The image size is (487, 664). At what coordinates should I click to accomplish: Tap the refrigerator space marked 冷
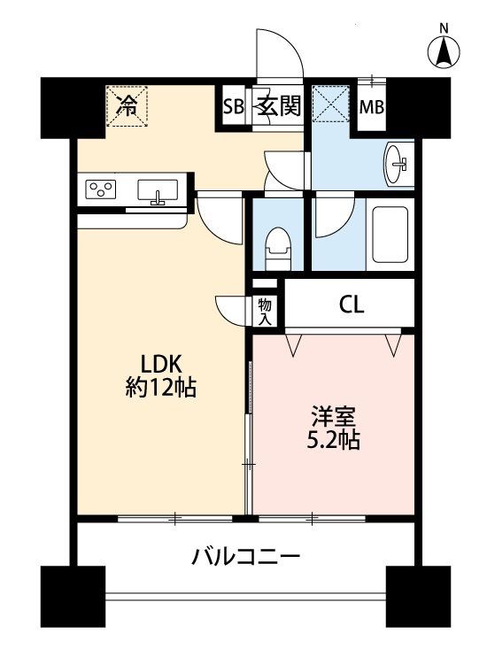127,106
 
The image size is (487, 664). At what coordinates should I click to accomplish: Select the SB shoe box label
234,106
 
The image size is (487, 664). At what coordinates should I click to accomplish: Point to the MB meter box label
371,107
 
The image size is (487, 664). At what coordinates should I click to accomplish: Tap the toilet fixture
278,249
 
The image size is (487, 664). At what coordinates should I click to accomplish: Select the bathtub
390,235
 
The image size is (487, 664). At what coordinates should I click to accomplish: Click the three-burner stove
101,189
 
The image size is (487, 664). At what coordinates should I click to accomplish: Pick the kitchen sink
158,190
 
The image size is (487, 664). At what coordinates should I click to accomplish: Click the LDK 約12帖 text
161,374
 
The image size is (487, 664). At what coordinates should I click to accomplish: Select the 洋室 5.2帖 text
333,427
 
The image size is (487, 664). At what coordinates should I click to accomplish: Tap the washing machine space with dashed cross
331,104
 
